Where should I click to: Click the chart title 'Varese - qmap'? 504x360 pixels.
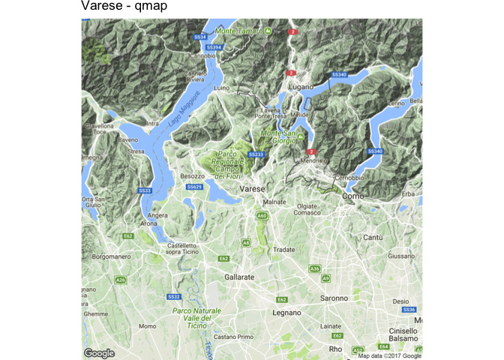point(124,7)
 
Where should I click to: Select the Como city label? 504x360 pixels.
point(352,196)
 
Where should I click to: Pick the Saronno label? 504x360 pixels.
point(334,298)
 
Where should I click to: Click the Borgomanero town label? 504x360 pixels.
point(110,256)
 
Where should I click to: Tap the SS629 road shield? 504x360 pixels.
point(194,186)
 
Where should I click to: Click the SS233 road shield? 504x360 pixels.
point(256,154)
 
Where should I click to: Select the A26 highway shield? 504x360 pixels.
point(120,280)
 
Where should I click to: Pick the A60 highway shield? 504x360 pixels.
point(262,216)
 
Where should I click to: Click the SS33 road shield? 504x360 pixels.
point(145,191)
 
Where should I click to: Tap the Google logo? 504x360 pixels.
point(99,353)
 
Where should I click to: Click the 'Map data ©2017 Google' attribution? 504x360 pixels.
point(389,355)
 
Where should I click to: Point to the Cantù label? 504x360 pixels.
point(373,237)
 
